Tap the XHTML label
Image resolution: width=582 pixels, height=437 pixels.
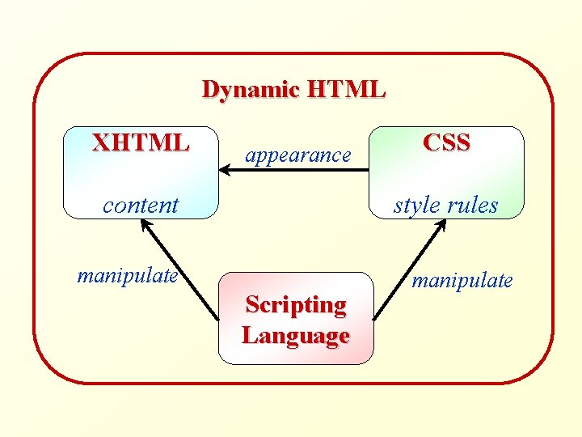141,143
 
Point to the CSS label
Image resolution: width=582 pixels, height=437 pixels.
446,142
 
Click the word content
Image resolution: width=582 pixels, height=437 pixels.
141,205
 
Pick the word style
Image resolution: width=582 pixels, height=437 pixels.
417,205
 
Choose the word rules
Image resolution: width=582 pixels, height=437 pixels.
472,205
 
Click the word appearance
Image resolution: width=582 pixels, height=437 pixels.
298,154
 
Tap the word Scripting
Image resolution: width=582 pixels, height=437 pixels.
296,305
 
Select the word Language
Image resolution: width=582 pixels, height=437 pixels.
296,335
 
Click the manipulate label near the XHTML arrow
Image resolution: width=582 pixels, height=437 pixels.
128,276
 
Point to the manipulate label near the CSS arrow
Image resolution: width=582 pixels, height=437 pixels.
462,281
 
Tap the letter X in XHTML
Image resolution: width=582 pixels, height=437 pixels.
101,143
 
